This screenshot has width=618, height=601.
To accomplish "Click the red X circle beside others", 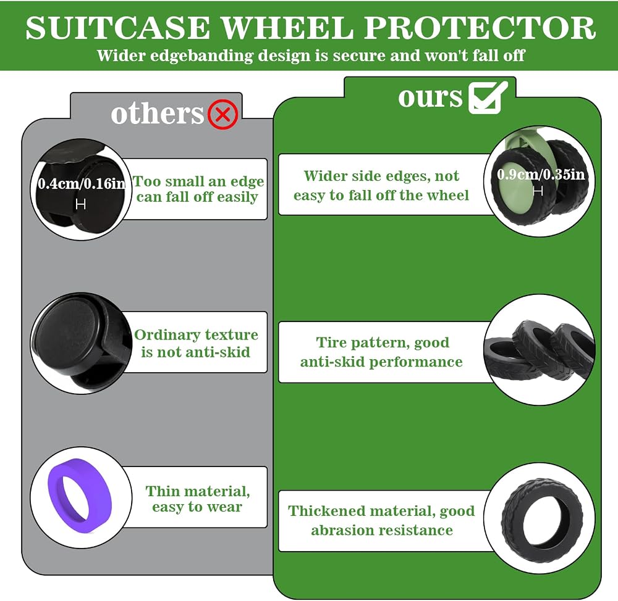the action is [222, 114].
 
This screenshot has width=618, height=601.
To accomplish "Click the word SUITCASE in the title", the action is [117, 28].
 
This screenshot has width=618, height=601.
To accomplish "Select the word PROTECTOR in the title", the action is [480, 28].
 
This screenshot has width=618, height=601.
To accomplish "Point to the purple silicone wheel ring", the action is [80, 496].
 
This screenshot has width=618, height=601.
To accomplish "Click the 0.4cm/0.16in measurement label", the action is [82, 184].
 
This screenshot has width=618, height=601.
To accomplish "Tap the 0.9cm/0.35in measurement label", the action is [541, 175].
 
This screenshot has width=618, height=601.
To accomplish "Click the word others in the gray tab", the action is [157, 114].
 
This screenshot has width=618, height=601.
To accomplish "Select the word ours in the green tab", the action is [430, 97].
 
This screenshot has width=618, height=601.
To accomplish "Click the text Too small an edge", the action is [198, 181].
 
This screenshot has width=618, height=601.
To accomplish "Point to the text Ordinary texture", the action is [197, 335].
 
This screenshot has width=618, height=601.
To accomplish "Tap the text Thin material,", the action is [198, 491].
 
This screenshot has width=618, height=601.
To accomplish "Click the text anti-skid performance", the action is [381, 362].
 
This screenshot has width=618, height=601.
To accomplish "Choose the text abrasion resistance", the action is [382, 530].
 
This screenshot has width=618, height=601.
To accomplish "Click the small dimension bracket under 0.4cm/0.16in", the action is [81, 204].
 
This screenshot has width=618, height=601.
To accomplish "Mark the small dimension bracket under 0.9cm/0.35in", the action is [538, 191].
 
